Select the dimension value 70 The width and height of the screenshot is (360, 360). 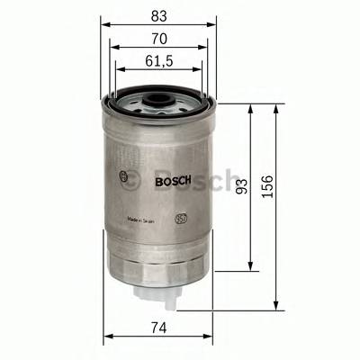[157, 39]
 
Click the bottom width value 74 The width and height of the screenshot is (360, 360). [157, 327]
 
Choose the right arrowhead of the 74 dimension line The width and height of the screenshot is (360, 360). [211, 337]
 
